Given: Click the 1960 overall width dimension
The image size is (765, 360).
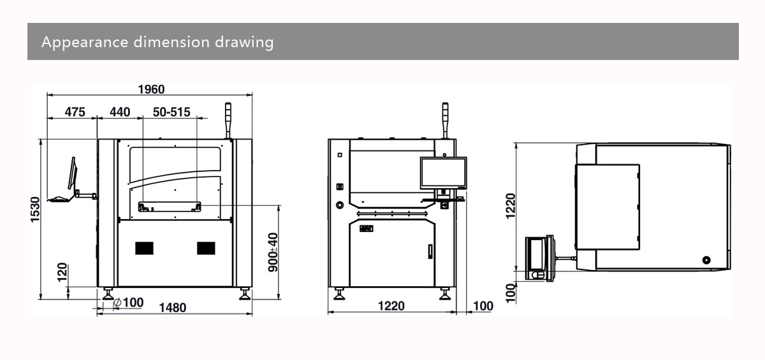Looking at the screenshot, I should [151, 89].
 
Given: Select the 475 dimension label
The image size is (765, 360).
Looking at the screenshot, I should [75, 112].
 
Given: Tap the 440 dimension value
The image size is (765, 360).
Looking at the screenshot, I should [120, 112].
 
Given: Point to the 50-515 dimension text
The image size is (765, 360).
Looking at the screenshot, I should [171, 112].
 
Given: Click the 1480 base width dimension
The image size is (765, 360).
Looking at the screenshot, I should [172, 308].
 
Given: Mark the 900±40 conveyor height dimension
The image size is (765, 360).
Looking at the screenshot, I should [273, 252].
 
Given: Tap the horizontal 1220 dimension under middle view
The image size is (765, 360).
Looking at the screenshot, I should [391, 306].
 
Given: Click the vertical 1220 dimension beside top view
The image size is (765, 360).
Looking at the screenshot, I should [511, 206].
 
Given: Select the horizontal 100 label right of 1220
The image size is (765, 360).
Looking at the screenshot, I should [483, 306].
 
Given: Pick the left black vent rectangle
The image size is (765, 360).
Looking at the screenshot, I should [145, 248].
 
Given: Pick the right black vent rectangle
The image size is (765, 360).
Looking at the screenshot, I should [206, 248].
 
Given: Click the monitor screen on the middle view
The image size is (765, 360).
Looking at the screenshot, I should [444, 173].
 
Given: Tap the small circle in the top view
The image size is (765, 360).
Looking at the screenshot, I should [706, 261].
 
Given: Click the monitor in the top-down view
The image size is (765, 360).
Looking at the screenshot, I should [539, 257].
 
